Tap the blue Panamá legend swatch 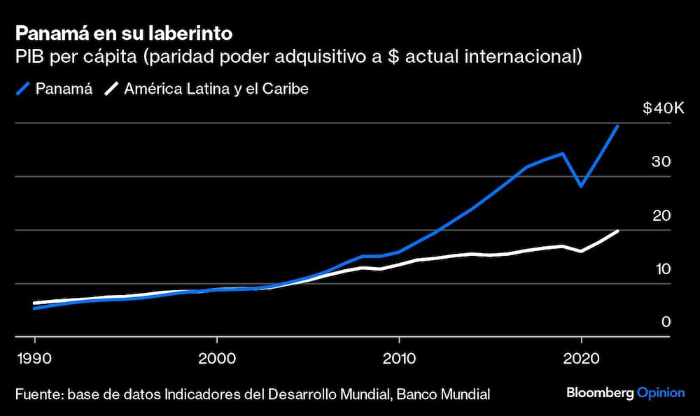23,89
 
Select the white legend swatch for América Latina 111,89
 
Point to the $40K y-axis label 663,108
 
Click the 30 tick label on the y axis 661,162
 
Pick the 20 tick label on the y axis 661,215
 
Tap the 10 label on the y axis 661,269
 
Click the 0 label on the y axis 666,322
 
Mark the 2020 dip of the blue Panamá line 580,186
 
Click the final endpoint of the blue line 617,127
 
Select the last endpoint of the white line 617,231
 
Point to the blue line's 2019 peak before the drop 563,153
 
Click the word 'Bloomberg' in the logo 600,393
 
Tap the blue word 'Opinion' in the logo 661,393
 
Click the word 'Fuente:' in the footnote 38,394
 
